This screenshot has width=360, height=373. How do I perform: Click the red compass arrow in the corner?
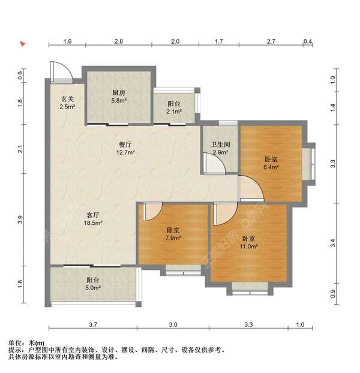point(22,44)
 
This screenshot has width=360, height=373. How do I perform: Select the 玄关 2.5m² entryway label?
point(67,103)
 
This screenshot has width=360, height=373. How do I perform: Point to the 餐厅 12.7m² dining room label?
point(125,148)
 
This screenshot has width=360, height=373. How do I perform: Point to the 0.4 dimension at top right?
point(308,41)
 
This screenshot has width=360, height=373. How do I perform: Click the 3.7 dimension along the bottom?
point(91,324)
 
